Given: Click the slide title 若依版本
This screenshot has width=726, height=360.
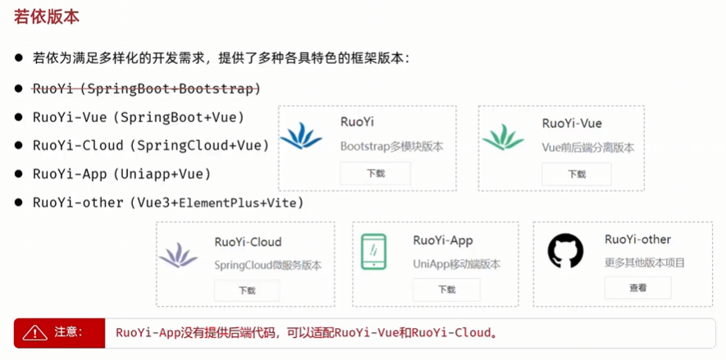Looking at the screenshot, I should pyautogui.click(x=47, y=18).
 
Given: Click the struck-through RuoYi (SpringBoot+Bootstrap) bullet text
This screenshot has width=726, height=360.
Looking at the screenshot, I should pyautogui.click(x=146, y=88).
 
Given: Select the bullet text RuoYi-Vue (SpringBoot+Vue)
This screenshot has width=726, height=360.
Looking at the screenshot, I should pyautogui.click(x=139, y=116).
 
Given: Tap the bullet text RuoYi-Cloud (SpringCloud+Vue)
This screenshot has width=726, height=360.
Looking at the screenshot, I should pyautogui.click(x=151, y=145).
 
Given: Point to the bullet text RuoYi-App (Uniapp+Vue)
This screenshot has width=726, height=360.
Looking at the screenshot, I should pyautogui.click(x=121, y=174).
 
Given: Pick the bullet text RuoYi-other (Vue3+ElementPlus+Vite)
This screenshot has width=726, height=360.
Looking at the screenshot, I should pyautogui.click(x=168, y=202).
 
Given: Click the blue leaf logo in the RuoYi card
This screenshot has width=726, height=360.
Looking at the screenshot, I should pyautogui.click(x=301, y=137).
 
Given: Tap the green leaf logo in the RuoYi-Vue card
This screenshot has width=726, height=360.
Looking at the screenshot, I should pyautogui.click(x=503, y=137).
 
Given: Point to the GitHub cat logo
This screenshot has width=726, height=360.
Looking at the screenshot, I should pyautogui.click(x=565, y=252).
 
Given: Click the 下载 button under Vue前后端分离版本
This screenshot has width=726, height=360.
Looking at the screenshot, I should pyautogui.click(x=576, y=174).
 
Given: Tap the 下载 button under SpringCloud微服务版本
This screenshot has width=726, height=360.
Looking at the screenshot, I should pyautogui.click(x=247, y=290).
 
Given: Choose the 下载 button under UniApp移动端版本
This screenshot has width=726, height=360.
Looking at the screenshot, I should pyautogui.click(x=446, y=289).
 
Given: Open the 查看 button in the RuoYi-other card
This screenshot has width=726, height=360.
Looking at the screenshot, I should pyautogui.click(x=637, y=288).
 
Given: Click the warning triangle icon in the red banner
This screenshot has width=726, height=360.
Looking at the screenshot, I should pyautogui.click(x=35, y=333).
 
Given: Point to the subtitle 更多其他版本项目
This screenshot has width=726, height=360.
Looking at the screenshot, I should pyautogui.click(x=645, y=263).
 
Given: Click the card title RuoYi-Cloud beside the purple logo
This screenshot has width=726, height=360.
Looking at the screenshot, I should pyautogui.click(x=248, y=242).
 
